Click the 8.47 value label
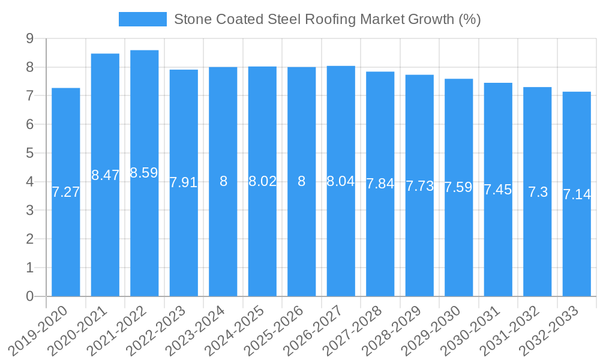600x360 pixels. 105,175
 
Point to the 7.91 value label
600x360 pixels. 184,182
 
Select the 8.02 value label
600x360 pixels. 262,181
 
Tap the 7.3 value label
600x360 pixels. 538,192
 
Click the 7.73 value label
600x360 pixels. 419,186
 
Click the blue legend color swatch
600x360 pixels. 143,19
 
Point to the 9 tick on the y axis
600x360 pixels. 29,38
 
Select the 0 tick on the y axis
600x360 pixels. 29,296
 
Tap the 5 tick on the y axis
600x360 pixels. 29,153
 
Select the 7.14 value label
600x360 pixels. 577,194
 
